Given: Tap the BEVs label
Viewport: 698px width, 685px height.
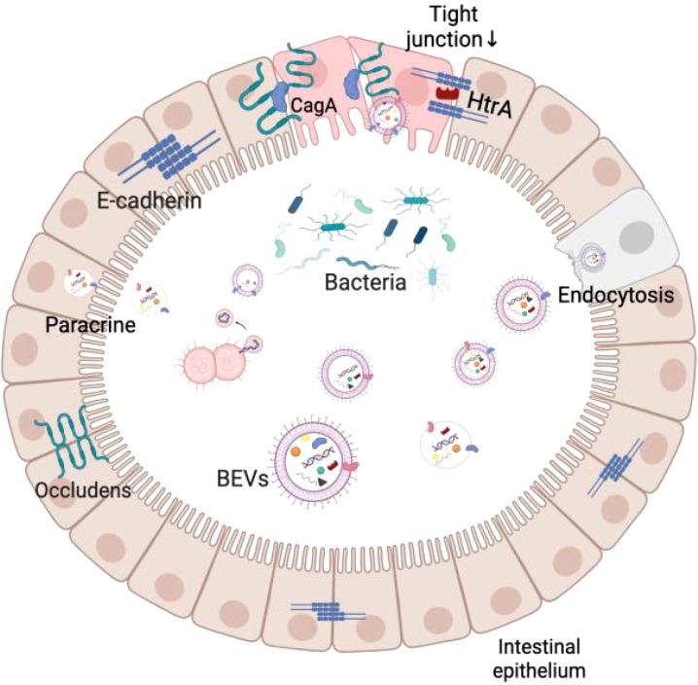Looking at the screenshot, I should coord(240,479).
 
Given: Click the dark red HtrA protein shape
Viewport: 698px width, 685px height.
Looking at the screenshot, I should coord(447,93).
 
